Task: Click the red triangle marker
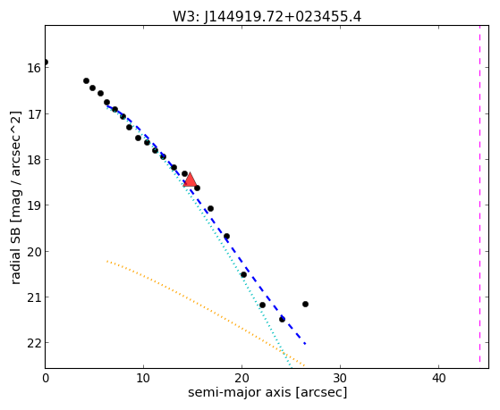point(190,180)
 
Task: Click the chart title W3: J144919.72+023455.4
point(267,17)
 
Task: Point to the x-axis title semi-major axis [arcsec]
point(267,392)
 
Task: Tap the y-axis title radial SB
point(15,253)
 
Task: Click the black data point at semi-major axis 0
point(46,63)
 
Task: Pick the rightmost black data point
point(305,304)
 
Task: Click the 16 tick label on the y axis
point(33,68)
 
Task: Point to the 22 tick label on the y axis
point(33,343)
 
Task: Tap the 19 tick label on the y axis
point(33,205)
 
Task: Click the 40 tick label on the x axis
point(438,378)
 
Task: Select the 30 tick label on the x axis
point(340,378)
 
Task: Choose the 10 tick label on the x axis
point(143,378)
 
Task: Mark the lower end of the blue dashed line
point(305,344)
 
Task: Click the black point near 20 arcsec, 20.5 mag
point(243,274)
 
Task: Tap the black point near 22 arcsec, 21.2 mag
point(262,305)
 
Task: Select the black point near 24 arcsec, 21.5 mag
point(282,319)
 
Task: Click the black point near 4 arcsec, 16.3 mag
point(86,81)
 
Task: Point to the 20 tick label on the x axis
point(242,378)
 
